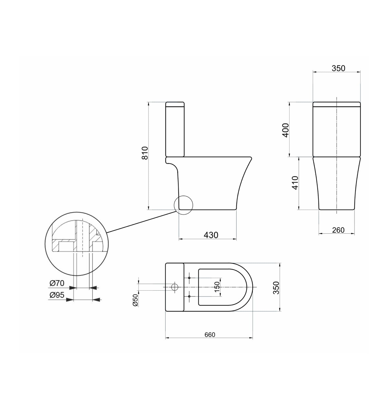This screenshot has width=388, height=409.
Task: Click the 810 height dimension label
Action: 145,153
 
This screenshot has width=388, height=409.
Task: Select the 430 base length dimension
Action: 211,235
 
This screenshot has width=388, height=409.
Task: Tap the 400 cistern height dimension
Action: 286,130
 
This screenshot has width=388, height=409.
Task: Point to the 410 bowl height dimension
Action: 295,183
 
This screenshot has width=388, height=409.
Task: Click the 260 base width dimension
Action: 338,230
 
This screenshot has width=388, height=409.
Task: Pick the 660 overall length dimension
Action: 210,335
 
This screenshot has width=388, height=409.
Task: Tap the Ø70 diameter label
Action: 57,283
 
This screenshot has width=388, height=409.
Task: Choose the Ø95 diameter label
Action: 57,295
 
